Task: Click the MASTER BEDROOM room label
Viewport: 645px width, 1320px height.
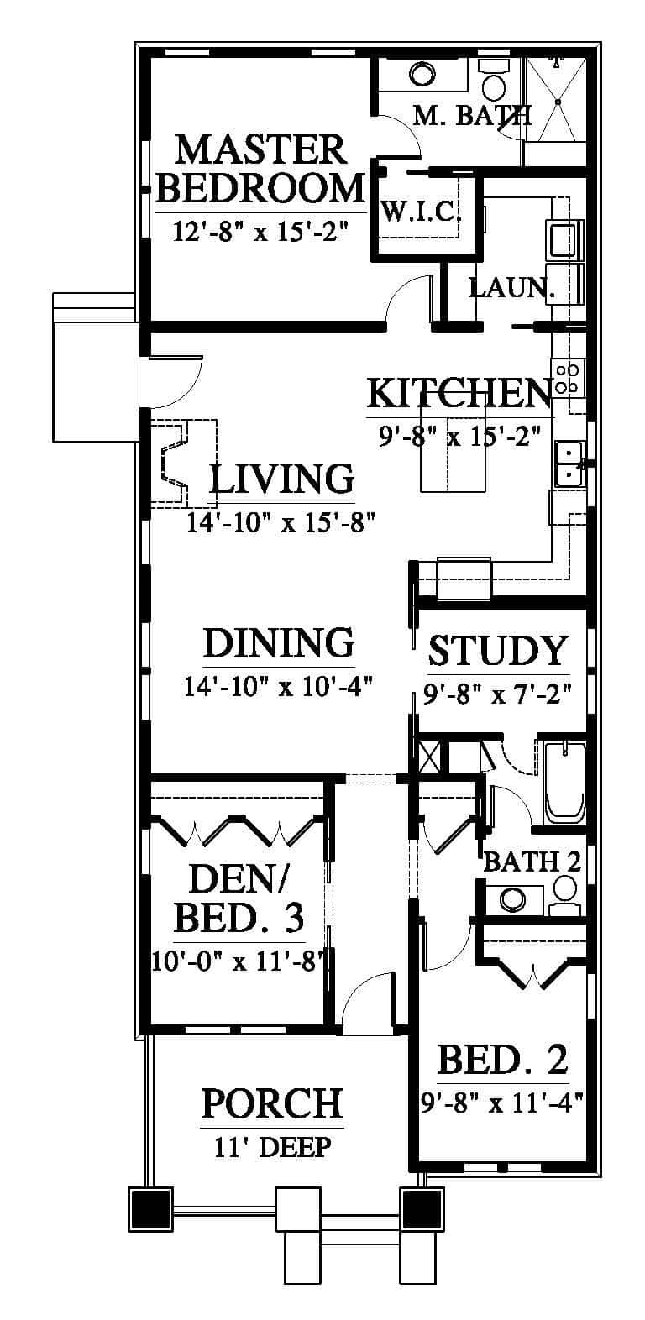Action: coord(260,169)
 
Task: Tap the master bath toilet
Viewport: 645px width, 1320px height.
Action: coord(492,79)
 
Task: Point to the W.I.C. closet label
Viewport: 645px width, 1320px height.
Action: coord(421,211)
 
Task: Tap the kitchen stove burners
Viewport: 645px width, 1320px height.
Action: coord(568,378)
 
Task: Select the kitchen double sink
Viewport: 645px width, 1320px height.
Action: coord(569,464)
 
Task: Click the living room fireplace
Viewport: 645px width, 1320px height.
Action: coord(183,464)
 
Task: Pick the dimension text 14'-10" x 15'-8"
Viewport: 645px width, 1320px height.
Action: coord(281,522)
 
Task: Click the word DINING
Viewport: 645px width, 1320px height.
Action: coord(279,642)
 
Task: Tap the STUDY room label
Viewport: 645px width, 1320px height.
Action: coord(497,650)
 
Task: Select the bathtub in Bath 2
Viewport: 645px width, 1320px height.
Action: coord(565,783)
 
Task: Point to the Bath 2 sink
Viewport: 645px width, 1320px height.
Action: coord(513,899)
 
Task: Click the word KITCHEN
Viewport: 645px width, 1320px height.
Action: coord(460,394)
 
